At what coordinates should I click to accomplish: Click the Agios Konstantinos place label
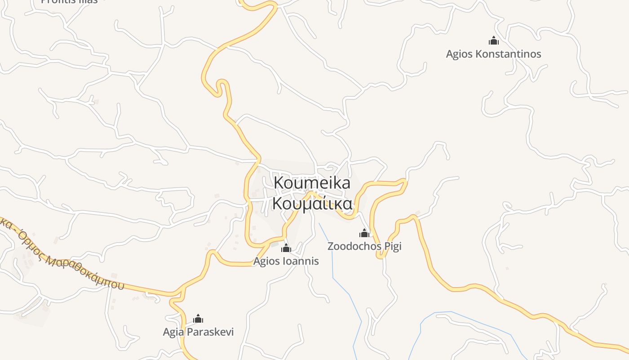493,54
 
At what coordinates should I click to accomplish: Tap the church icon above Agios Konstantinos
494,41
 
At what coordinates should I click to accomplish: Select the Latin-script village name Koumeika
312,183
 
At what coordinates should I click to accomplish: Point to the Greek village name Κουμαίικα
312,203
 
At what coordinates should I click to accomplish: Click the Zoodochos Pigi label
364,246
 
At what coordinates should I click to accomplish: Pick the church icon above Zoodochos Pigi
364,233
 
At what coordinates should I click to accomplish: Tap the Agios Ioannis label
286,261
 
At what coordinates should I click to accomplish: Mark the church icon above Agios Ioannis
286,248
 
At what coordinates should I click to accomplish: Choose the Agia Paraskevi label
198,332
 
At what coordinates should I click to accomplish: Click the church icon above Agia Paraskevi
198,319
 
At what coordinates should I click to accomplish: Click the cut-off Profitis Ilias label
69,1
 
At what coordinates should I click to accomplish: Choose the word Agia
173,332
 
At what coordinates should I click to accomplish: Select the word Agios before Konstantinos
459,54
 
